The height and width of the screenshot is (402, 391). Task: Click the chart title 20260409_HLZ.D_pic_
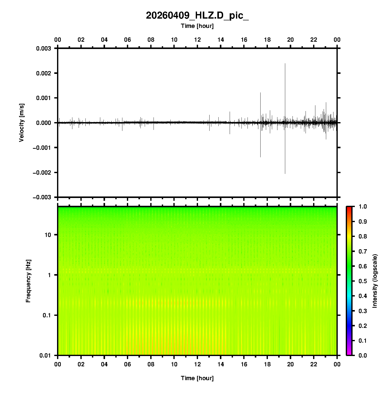(197, 16)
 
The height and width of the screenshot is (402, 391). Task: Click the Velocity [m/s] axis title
(22, 123)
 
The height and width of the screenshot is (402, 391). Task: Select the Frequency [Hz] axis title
(28, 281)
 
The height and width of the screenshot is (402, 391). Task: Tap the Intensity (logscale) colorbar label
(375, 281)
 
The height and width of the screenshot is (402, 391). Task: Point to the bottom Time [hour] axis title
(197, 378)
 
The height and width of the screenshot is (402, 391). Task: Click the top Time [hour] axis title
(197, 26)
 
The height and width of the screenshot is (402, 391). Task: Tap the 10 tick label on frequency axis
(48, 235)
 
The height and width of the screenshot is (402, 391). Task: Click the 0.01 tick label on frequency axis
(45, 355)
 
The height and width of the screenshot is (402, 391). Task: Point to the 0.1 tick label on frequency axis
(46, 315)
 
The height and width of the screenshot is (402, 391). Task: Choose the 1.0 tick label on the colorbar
(363, 207)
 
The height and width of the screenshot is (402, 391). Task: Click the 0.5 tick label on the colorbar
(363, 281)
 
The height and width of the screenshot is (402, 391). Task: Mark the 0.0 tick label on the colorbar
(363, 355)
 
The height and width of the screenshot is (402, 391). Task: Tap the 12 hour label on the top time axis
(198, 40)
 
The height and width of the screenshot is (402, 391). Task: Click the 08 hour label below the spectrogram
(151, 364)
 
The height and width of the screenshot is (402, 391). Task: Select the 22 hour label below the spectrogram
(314, 364)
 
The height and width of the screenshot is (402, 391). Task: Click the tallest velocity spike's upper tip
(285, 64)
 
